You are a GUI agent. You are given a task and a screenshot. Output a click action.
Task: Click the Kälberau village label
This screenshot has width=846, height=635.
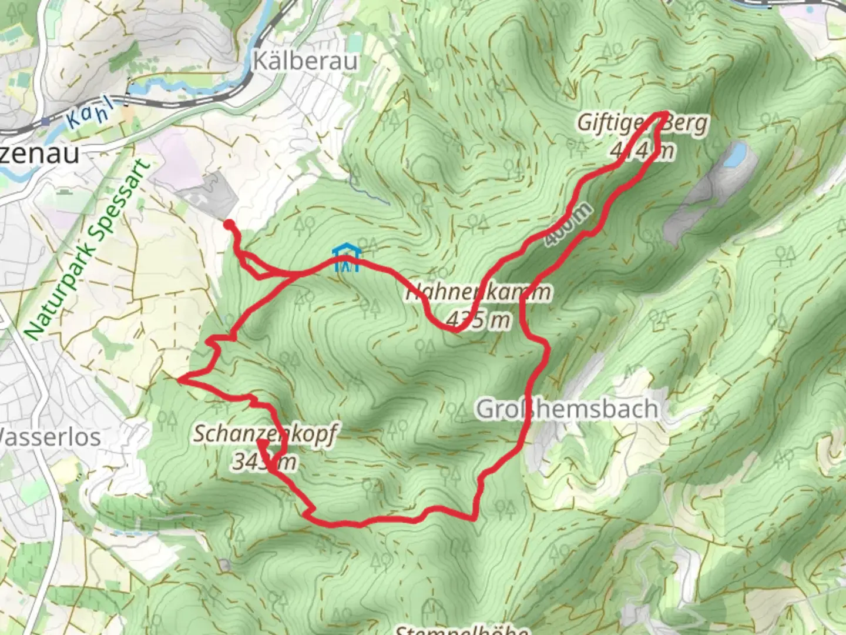[x=305, y=61]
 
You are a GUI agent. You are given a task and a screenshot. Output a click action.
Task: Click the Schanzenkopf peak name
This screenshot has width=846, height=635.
[x=266, y=434]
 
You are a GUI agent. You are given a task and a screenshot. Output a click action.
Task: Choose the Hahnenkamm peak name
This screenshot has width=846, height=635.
[x=479, y=292]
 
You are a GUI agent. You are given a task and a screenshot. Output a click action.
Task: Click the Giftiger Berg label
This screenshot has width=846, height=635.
[x=643, y=123]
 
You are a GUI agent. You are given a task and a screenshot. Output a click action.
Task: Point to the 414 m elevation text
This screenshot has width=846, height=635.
[x=642, y=151]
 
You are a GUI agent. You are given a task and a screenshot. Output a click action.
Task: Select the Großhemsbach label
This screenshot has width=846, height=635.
[x=567, y=409]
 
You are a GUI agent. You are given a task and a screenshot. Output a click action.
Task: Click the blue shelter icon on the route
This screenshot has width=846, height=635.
[x=345, y=260]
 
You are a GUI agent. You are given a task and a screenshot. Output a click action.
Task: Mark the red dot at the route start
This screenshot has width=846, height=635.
[x=229, y=223]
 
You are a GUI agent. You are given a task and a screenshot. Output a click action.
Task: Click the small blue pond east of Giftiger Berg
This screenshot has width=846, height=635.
[x=734, y=155]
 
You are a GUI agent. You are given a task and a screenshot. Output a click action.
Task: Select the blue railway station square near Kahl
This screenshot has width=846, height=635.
[x=45, y=122]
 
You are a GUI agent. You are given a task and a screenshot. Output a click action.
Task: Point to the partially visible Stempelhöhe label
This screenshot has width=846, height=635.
[x=461, y=629]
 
